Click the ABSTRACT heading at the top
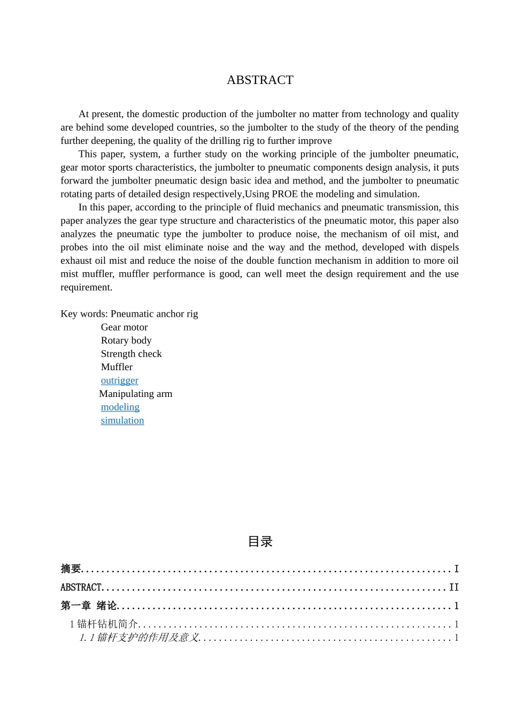coord(260,80)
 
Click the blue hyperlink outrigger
coord(119,380)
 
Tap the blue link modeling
coord(120,407)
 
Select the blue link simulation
coord(122,420)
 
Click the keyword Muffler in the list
coord(117,367)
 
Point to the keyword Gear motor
coord(124,327)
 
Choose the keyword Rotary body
coord(126,341)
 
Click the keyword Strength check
coord(131,354)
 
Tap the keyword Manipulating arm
coord(136,394)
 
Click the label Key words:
coord(84,314)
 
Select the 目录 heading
coord(260,542)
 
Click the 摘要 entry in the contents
coord(71,569)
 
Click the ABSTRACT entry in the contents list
coord(81,587)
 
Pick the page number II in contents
coord(453,587)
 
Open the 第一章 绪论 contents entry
coord(89,606)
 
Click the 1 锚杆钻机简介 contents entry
coord(104,624)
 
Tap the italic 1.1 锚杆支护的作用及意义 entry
coord(139,638)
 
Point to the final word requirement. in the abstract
coord(87,287)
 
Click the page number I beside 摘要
coord(456,569)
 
